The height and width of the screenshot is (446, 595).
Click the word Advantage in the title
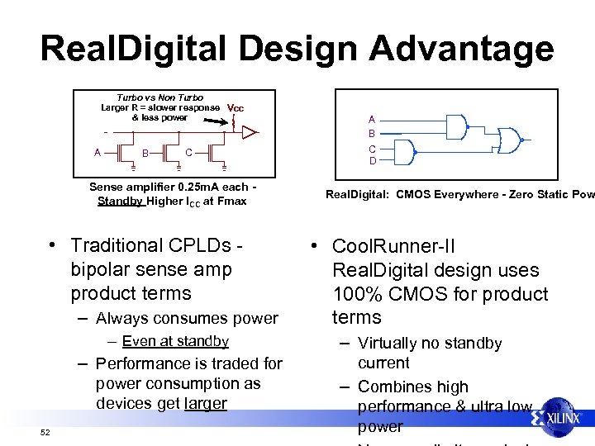click(x=461, y=48)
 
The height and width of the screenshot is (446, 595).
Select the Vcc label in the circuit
click(x=236, y=108)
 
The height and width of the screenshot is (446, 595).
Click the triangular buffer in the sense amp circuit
click(x=249, y=130)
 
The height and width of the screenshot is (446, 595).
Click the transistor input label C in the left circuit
click(x=189, y=152)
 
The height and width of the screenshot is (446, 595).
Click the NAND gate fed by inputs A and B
click(x=455, y=126)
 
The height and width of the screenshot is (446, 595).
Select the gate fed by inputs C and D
click(x=404, y=153)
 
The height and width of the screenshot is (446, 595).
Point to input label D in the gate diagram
click(x=373, y=161)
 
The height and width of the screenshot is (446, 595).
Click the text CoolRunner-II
click(x=393, y=246)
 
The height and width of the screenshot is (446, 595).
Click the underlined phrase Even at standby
click(x=175, y=341)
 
